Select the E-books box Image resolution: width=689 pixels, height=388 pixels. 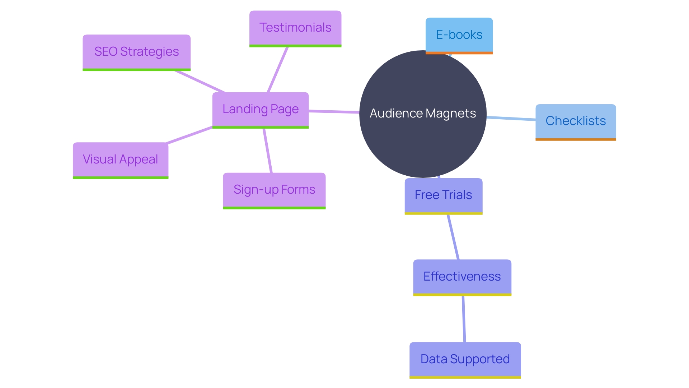[459, 35]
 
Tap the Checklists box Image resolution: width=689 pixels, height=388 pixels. [576, 121]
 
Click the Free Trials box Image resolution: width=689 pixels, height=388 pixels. [443, 195]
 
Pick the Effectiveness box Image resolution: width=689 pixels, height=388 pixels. [462, 277]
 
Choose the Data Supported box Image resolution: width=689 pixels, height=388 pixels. [465, 359]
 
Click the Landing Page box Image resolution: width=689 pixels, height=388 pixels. [260, 109]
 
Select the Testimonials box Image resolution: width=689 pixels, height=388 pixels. [295, 28]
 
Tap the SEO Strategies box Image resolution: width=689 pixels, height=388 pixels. [136, 52]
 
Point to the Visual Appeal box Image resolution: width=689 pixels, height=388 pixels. [120, 160]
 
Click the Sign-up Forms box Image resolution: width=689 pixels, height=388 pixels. [274, 190]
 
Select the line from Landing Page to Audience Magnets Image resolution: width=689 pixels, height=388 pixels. [334, 112]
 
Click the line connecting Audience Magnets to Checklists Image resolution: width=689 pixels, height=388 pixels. [511, 118]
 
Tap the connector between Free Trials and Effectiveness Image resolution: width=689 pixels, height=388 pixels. [453, 237]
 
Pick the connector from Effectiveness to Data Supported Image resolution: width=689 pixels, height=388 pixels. [464, 319]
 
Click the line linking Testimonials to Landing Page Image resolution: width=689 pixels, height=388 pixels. [277, 70]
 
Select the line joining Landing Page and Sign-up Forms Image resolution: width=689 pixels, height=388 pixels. [268, 151]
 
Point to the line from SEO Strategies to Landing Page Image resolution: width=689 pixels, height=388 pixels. [200, 82]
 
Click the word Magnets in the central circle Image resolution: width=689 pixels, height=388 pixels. [451, 114]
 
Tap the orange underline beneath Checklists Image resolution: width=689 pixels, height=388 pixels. [576, 139]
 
